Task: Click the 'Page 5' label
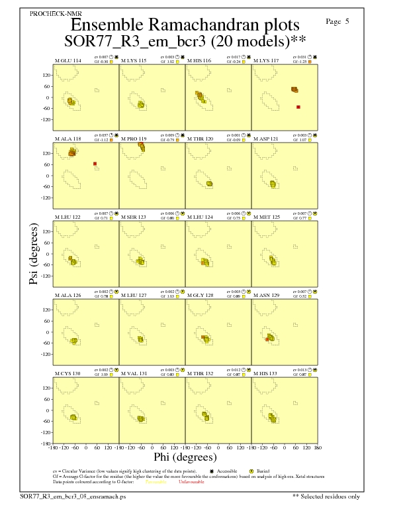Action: pyautogui.click(x=337, y=22)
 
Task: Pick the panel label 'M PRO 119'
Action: pyautogui.click(x=134, y=139)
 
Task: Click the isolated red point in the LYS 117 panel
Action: pyautogui.click(x=298, y=107)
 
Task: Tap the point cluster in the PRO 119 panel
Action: pyautogui.click(x=141, y=146)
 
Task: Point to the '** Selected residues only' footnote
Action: pyautogui.click(x=327, y=496)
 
